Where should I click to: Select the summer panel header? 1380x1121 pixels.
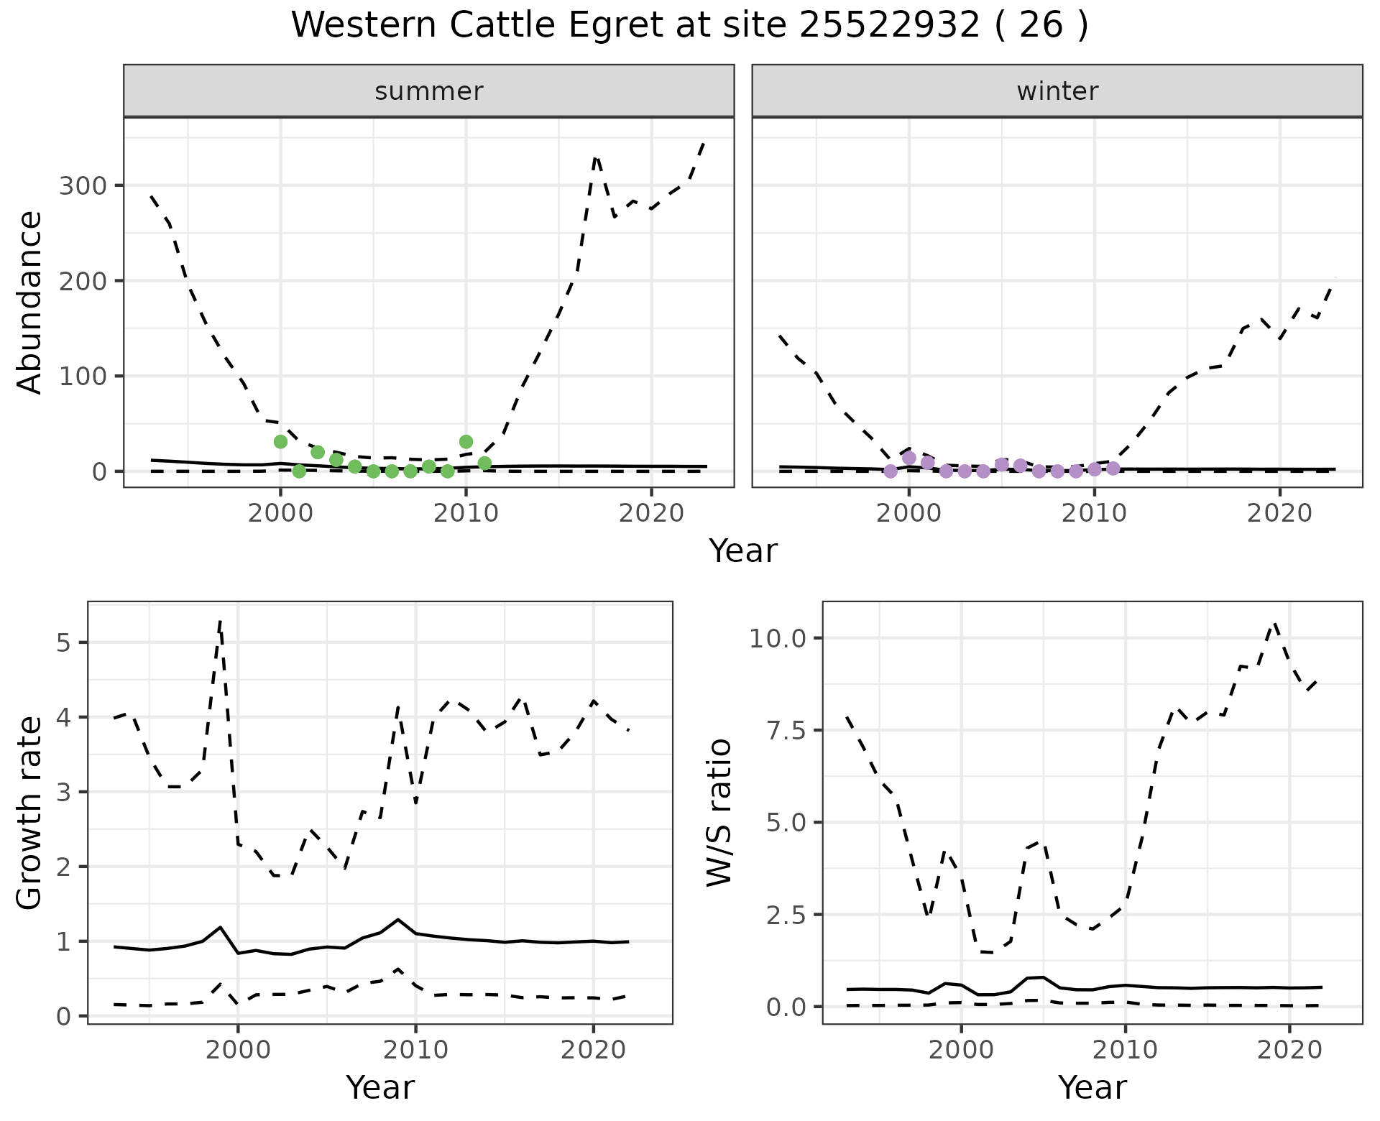[x=428, y=91]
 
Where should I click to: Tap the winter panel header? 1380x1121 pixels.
[x=1057, y=91]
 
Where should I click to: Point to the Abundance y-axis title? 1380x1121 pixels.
[x=30, y=303]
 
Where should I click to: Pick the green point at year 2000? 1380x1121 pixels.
[x=280, y=441]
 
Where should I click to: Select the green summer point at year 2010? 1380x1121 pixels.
[x=466, y=442]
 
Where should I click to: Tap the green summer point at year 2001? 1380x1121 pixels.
[x=299, y=471]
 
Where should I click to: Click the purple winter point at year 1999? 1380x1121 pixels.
[x=891, y=471]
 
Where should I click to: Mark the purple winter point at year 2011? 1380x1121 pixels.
[x=1113, y=469]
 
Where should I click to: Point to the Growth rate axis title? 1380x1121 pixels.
[x=30, y=813]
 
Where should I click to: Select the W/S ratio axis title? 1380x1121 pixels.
[x=719, y=813]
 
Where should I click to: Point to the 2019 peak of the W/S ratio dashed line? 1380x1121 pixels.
[x=1275, y=623]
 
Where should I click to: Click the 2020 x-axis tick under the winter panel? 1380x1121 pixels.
[x=1279, y=514]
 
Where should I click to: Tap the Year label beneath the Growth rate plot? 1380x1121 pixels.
[x=380, y=1088]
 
